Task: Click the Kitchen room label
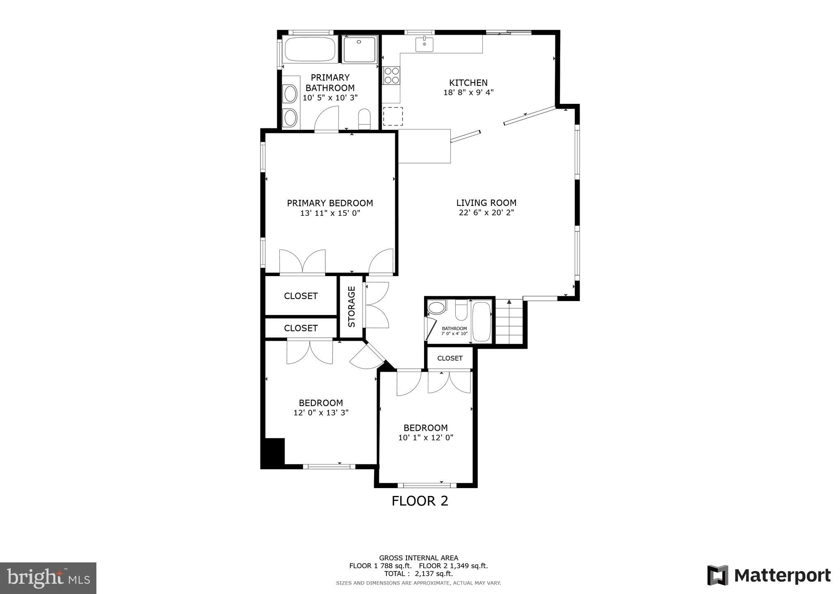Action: (x=468, y=83)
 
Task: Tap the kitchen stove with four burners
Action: (x=391, y=75)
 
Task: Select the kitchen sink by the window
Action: (x=424, y=44)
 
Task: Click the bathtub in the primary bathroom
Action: (x=310, y=49)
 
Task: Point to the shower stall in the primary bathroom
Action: (x=359, y=50)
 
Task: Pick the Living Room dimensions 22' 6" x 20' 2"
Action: (x=486, y=212)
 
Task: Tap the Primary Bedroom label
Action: (x=330, y=203)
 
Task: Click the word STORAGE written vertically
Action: (x=352, y=306)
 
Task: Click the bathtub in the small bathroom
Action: (x=482, y=322)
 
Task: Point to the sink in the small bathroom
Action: (x=436, y=307)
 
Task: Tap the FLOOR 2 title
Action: (x=420, y=501)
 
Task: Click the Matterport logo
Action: (x=769, y=576)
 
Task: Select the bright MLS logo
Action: (x=48, y=578)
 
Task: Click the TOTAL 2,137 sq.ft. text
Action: (x=418, y=573)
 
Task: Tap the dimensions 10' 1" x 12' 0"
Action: (x=425, y=438)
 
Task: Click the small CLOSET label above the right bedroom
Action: (x=450, y=358)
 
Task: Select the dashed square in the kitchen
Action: (x=393, y=116)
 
